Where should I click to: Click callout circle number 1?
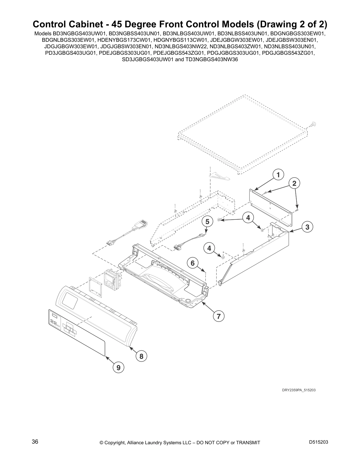pos(278,174)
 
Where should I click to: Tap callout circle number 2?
pos(294,184)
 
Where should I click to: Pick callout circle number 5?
pos(208,222)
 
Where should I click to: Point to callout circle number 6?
pos(193,263)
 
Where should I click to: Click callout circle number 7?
pos(219,317)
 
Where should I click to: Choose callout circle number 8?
pos(141,356)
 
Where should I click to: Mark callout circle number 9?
pos(118,367)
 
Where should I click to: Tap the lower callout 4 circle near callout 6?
pos(209,248)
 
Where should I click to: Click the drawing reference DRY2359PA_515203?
pos(299,390)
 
